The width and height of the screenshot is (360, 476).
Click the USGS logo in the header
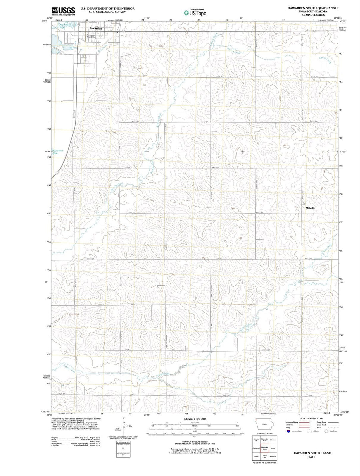(63, 11)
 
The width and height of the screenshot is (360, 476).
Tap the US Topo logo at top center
(195, 13)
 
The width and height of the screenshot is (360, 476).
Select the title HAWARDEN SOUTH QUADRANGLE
(313, 8)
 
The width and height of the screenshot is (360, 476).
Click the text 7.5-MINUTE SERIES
(313, 15)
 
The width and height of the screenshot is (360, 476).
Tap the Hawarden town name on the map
(95, 29)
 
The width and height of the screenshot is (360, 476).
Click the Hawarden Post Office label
(91, 36)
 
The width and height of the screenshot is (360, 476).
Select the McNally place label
(310, 208)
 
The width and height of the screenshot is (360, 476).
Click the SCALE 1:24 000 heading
(195, 419)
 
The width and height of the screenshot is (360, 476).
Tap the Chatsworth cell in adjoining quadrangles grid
(256, 448)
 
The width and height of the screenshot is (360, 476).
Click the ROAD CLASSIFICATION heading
(312, 418)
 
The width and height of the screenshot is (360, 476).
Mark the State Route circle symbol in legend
(326, 431)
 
